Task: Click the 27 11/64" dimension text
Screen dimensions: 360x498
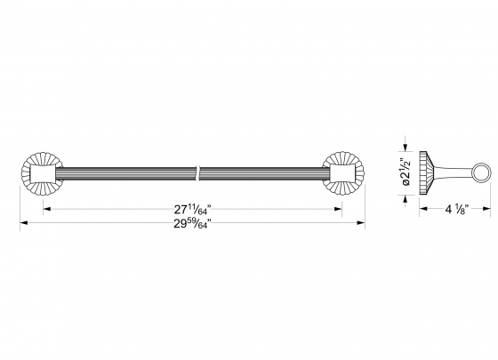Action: coord(192,210)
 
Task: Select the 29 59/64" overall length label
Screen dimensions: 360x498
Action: coord(192,224)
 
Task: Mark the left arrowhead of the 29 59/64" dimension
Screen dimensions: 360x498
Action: coord(24,224)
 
